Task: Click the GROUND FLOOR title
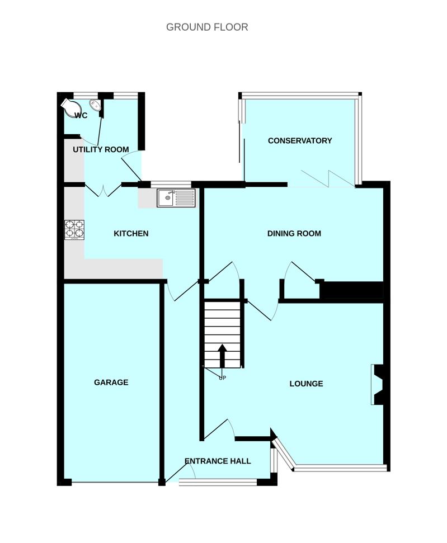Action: click(207, 27)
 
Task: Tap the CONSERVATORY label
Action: click(300, 141)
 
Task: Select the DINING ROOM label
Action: click(294, 233)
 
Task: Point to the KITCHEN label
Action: click(131, 233)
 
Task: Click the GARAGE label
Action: click(111, 383)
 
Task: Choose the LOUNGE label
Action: click(306, 384)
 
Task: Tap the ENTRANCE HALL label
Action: click(218, 461)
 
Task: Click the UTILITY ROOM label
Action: click(101, 150)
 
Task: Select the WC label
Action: click(81, 116)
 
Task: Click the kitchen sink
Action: click(176, 197)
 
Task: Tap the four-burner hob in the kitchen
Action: click(75, 229)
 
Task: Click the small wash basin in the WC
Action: click(95, 105)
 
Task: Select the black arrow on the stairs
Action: click(222, 356)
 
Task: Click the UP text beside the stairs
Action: click(222, 377)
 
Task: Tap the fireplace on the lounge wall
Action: click(378, 384)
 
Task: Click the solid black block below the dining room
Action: click(351, 291)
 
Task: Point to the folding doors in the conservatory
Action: click(327, 178)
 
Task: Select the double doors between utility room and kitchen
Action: click(103, 191)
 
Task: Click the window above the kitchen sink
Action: click(171, 184)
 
